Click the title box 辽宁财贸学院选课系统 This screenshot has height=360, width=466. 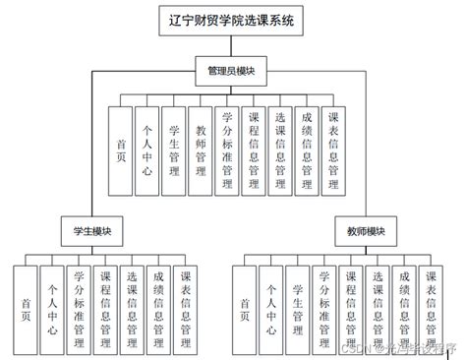[x=232, y=20]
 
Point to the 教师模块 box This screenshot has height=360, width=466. [x=366, y=231]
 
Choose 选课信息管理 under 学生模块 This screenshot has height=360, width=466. [x=132, y=308]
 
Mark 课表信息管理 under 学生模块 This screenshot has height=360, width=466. [x=185, y=308]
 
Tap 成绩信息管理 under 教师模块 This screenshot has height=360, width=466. [x=403, y=308]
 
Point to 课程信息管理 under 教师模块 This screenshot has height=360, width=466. [x=351, y=308]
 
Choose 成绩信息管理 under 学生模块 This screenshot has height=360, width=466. [x=158, y=308]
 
